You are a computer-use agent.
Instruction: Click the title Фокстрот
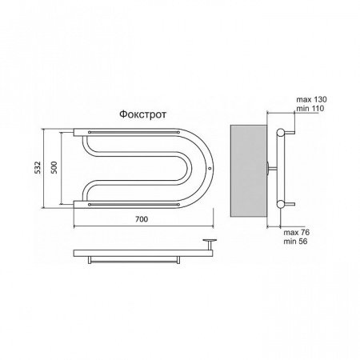coord(142,114)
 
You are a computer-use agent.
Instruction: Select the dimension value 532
coord(38,167)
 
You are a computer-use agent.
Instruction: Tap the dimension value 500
coord(54,167)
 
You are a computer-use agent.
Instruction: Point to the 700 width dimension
coord(142,219)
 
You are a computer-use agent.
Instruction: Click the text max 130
coord(311,99)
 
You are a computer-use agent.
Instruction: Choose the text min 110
coord(310,108)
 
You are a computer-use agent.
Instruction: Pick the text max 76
coord(297,232)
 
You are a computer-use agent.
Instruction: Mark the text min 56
coord(295,242)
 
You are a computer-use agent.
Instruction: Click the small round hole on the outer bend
coord(210,168)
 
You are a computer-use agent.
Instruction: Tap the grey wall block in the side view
coord(248,170)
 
